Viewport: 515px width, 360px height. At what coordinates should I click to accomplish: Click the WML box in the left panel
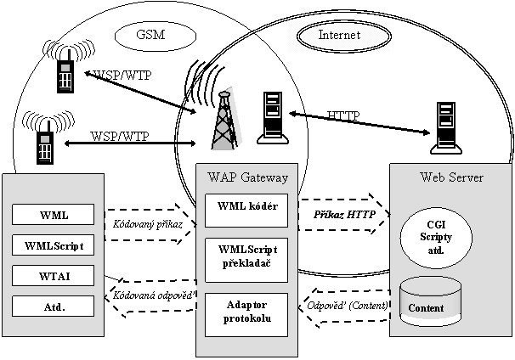point(54,216)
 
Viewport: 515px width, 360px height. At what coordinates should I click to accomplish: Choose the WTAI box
point(54,276)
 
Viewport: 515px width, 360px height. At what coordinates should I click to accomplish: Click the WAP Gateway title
point(247,177)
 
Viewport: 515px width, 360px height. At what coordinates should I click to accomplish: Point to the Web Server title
point(452,177)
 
